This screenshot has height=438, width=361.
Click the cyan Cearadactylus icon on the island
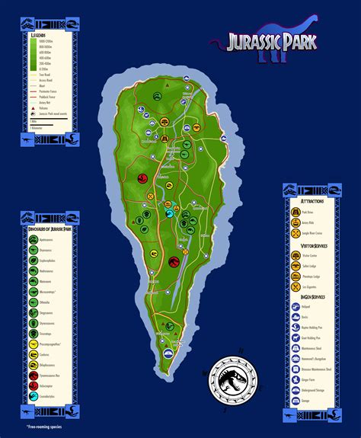(170, 213)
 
